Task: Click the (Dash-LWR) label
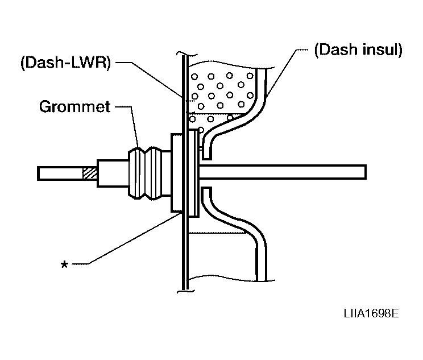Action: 65,63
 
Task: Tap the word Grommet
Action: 74,106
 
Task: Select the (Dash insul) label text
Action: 358,49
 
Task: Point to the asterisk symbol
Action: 64,264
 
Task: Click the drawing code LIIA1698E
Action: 371,313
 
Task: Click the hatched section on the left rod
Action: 89,173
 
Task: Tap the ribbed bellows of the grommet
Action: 149,173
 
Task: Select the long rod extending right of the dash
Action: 283,172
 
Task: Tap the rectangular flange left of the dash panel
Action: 177,172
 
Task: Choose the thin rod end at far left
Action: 60,173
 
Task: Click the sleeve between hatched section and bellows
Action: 113,173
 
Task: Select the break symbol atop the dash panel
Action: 185,53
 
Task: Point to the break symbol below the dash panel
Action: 185,291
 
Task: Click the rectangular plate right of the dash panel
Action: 194,173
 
